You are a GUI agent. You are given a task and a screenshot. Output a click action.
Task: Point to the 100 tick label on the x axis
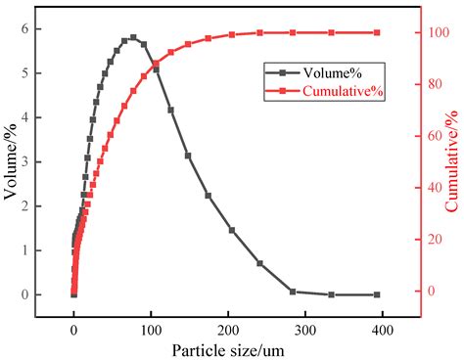(x=151, y=330)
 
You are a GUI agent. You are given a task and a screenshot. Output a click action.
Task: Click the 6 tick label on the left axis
(x=37, y=28)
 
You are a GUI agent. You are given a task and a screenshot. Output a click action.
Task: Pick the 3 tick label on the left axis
(x=37, y=161)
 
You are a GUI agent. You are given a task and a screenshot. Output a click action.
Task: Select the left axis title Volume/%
(x=13, y=161)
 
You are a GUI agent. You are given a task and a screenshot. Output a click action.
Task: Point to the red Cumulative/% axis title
(x=453, y=161)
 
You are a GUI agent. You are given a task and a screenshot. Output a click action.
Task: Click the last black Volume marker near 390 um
(x=377, y=294)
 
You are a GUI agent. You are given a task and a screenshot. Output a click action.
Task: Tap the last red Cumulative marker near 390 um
(x=377, y=32)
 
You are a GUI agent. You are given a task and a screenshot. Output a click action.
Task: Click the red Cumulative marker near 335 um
(x=331, y=32)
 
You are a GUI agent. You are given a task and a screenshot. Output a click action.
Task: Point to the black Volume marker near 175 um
(x=208, y=196)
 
